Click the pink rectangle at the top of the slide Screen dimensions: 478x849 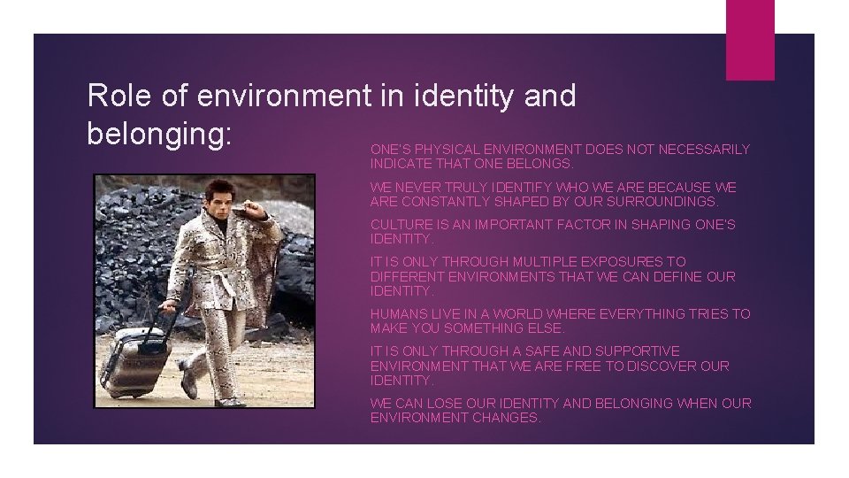[749, 40]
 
